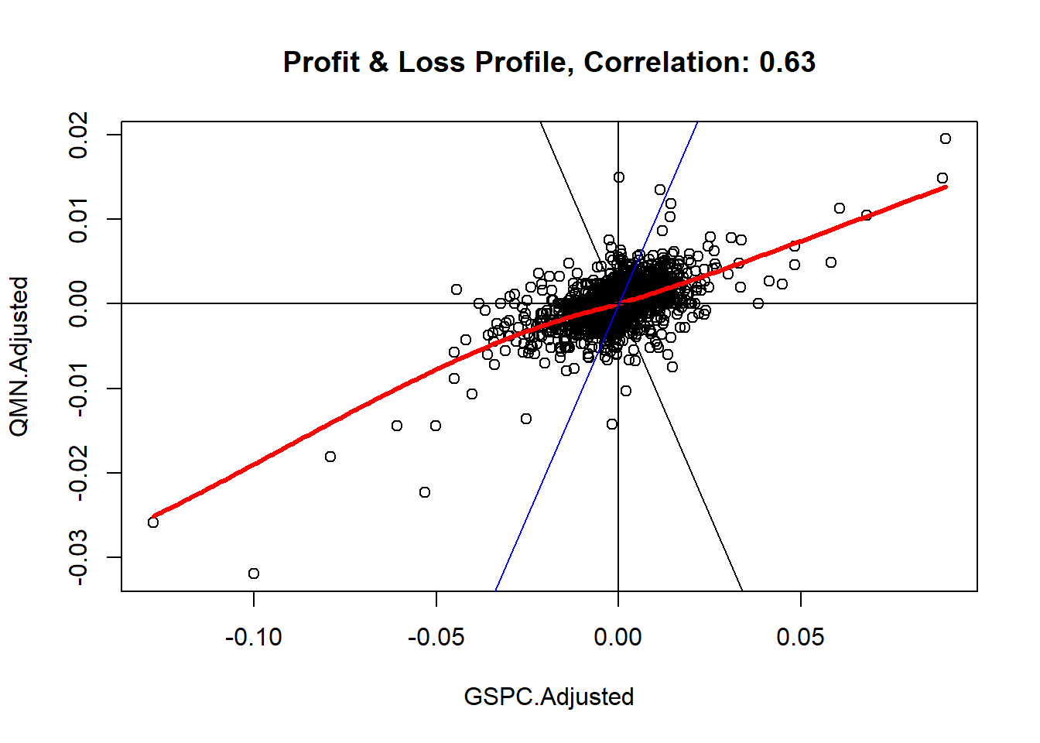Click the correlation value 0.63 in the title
tap(787, 62)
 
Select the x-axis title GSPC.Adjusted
tap(549, 697)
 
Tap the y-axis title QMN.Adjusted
tap(19, 357)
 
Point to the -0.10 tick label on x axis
tap(254, 637)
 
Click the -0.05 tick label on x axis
tap(436, 637)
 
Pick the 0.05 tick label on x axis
tap(800, 637)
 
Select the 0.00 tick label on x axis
tap(617, 637)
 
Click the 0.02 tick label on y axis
tap(78, 135)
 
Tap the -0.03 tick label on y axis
tap(78, 557)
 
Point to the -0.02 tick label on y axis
tap(78, 473)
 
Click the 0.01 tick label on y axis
tap(78, 219)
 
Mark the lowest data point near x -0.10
tap(254, 574)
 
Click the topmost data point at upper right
tap(946, 139)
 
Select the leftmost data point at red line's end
tap(153, 522)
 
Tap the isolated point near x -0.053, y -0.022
tap(425, 492)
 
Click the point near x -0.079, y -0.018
tap(330, 457)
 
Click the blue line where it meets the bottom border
tap(496, 590)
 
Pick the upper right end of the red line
tap(945, 187)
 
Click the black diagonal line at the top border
tap(541, 123)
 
